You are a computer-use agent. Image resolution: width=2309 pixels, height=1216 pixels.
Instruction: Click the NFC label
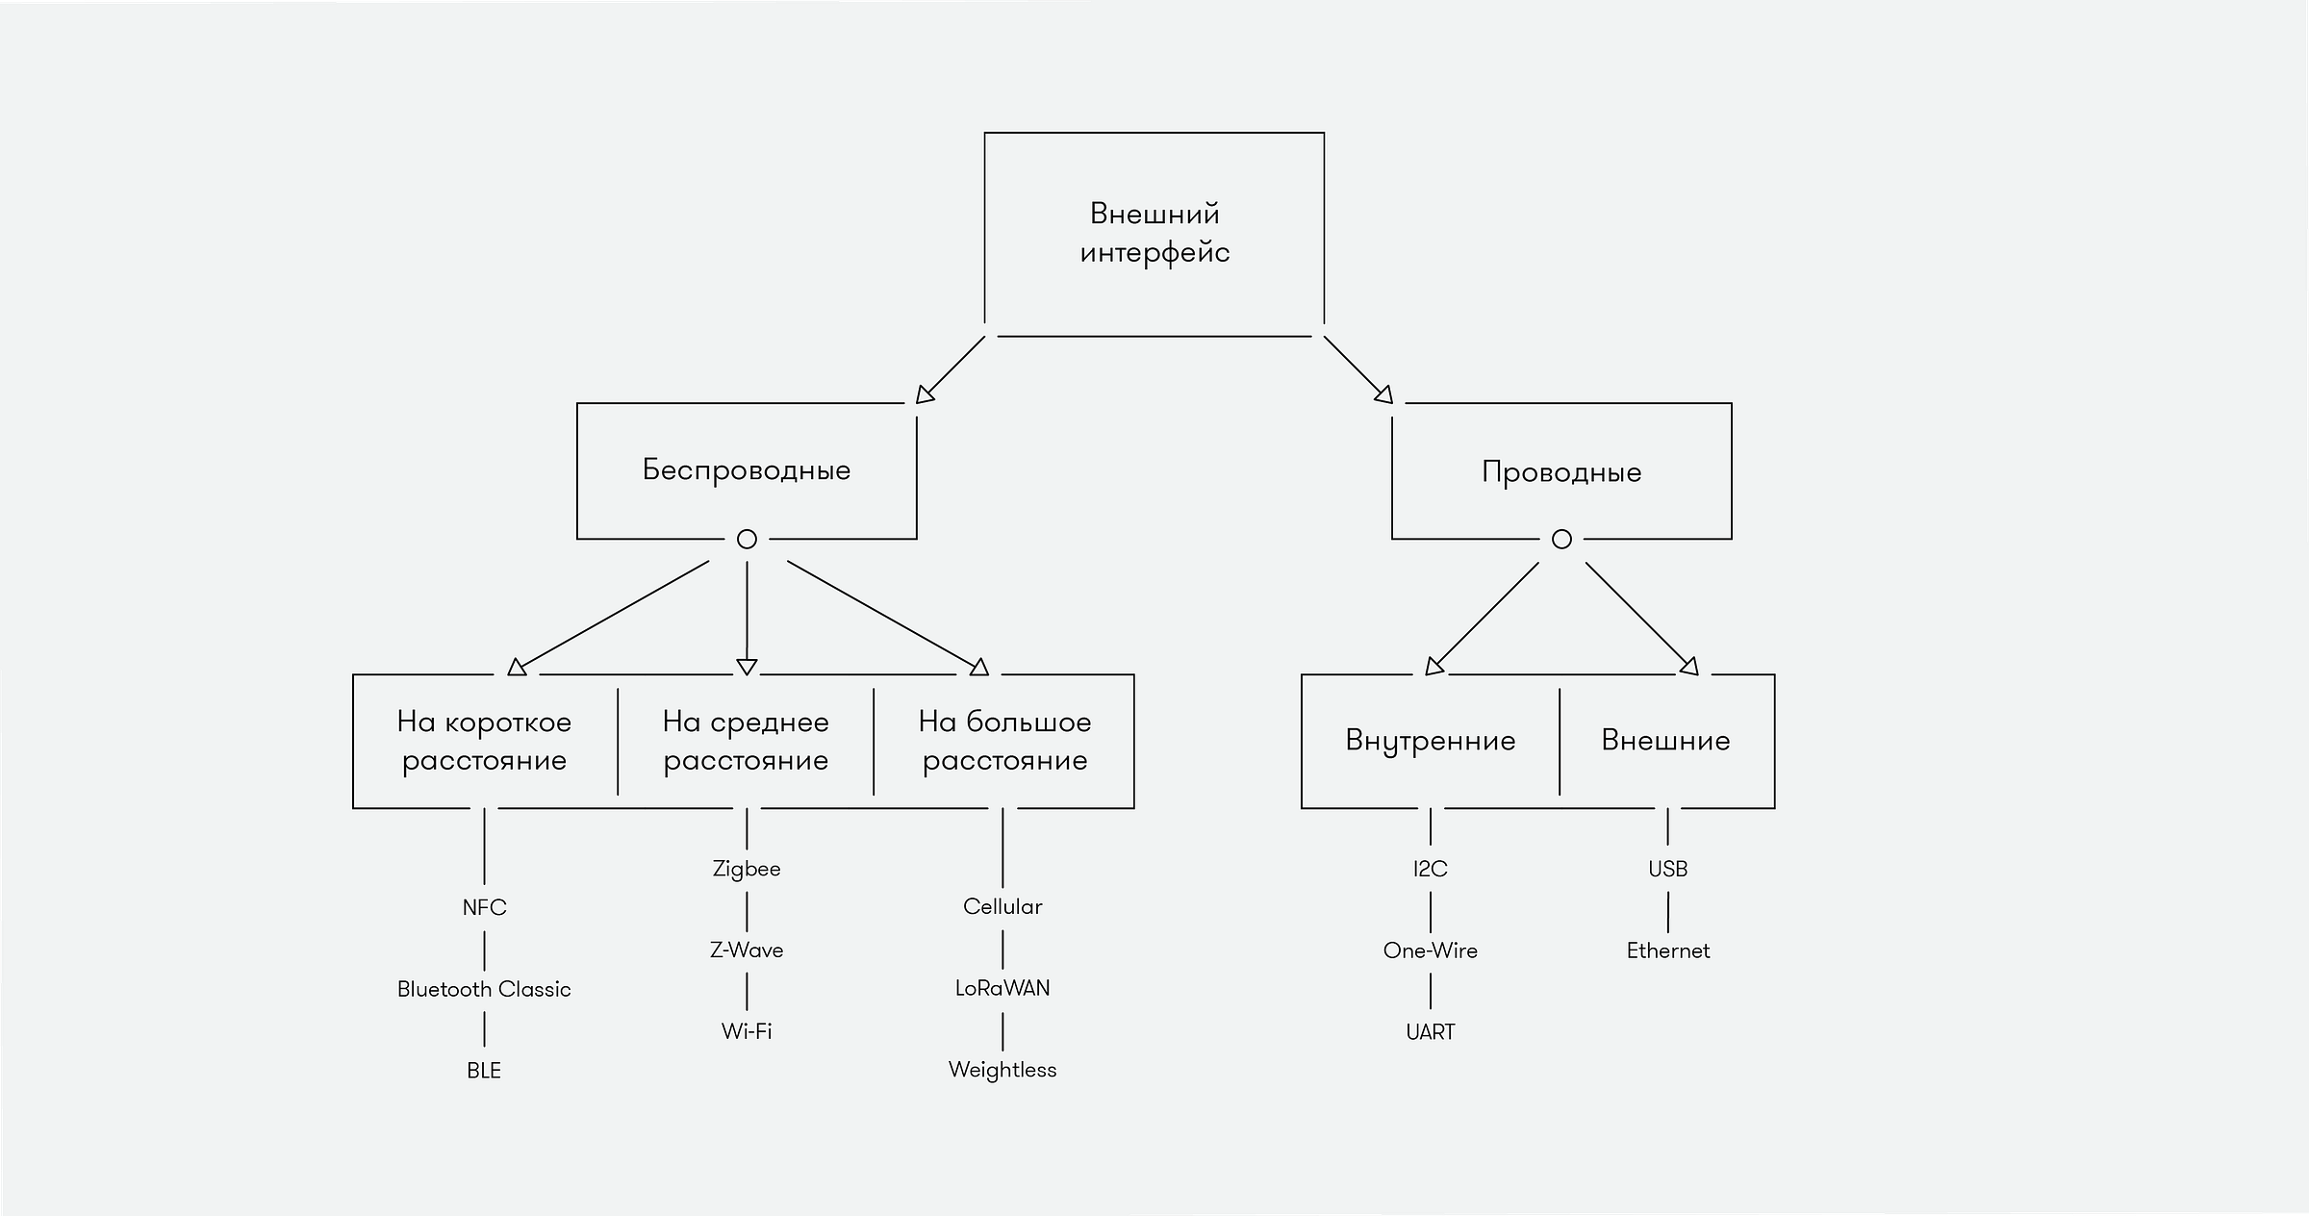[484, 907]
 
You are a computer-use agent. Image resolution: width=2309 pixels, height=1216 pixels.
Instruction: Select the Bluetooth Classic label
[484, 989]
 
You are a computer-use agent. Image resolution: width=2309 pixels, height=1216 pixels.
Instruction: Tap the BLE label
[484, 1071]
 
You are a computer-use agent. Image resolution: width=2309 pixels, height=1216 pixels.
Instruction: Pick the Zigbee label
[747, 869]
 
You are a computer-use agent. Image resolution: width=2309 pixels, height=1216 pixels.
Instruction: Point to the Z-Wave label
[747, 950]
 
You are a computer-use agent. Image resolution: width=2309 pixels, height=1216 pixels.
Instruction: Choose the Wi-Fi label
[747, 1031]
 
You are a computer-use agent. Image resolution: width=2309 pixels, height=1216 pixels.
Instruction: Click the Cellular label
[1002, 906]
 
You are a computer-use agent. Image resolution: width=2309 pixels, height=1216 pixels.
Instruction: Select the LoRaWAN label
[1002, 988]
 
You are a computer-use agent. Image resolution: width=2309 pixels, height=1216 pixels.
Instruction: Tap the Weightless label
[1002, 1070]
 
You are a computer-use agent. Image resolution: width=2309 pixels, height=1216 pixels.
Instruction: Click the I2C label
[1431, 869]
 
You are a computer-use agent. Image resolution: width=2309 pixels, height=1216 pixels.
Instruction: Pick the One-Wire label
[1431, 950]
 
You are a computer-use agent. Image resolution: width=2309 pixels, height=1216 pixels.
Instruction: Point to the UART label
[1431, 1032]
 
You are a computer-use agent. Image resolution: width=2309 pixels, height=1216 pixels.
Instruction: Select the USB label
[1668, 869]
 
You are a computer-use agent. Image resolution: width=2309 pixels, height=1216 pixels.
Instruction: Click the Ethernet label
[1668, 950]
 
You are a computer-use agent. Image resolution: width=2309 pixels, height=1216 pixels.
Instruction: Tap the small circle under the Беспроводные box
[747, 530]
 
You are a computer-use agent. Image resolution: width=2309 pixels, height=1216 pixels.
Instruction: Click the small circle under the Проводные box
[1561, 530]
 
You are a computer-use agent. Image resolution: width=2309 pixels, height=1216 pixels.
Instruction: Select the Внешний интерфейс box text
[1154, 233]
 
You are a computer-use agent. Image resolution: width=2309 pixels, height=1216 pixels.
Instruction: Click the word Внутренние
[1431, 741]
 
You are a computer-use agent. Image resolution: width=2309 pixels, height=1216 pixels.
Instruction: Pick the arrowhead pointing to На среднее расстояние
[747, 667]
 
